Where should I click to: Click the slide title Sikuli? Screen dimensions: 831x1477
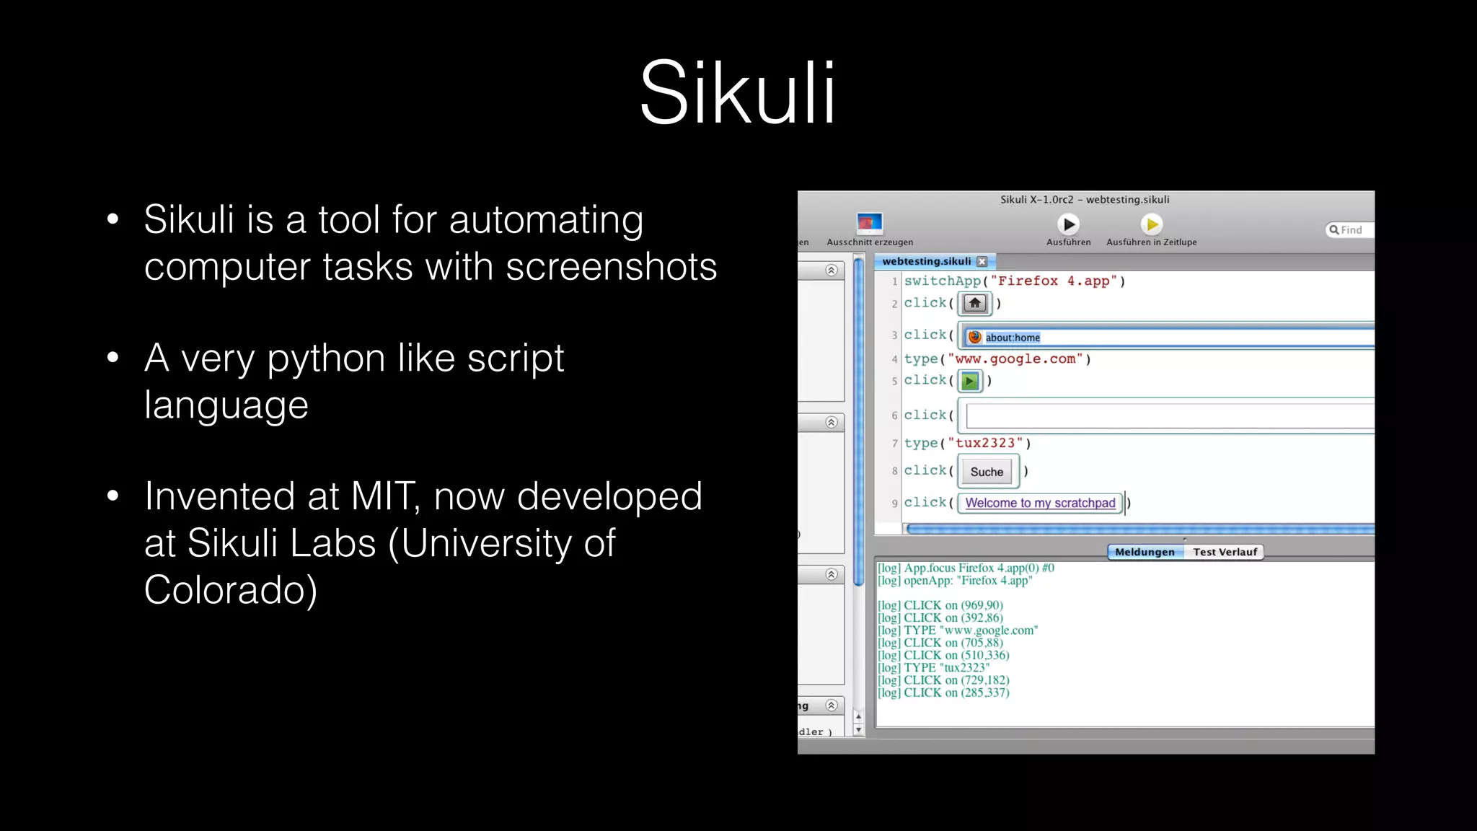(x=737, y=94)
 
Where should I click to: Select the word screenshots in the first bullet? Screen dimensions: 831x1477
(x=611, y=267)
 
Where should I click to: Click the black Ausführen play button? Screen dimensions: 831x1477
(x=1068, y=224)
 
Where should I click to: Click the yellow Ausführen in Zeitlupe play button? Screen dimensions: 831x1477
(x=1152, y=224)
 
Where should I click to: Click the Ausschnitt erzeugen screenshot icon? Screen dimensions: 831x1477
(x=869, y=223)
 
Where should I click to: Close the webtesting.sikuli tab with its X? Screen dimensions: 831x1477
(x=982, y=262)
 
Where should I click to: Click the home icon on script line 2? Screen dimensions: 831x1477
(x=974, y=303)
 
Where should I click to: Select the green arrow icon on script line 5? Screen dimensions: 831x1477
(x=970, y=381)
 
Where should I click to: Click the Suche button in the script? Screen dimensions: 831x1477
(x=987, y=472)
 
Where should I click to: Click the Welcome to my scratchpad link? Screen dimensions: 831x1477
(x=1040, y=503)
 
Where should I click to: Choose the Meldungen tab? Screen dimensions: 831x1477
(x=1145, y=552)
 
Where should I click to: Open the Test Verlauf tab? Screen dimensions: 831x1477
(x=1225, y=552)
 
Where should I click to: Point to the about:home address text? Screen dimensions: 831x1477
(x=1013, y=338)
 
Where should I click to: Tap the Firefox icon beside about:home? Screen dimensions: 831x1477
(x=975, y=337)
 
